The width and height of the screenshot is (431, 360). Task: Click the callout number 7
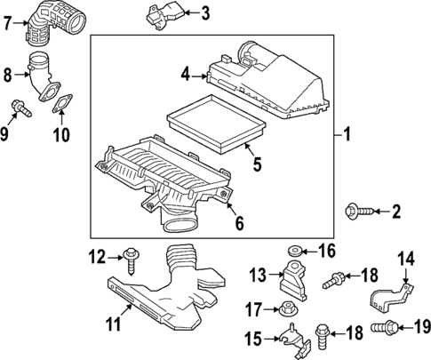pos(8,23)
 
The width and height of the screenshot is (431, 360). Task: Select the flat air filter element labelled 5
pos(217,124)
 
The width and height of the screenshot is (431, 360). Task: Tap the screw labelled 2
pos(360,212)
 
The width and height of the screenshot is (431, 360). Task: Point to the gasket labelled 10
pos(62,104)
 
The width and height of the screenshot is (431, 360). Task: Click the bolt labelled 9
pos(20,108)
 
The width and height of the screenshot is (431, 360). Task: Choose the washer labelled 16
pos(295,252)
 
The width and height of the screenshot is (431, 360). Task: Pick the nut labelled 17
pos(287,309)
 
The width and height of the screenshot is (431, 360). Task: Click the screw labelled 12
pos(131,261)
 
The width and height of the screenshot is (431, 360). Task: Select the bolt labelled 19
pos(384,328)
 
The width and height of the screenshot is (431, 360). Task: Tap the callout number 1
pos(347,133)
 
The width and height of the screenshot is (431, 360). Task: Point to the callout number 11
pos(114,324)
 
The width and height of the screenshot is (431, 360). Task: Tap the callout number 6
pos(239,223)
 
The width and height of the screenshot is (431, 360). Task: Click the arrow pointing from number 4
pos(198,76)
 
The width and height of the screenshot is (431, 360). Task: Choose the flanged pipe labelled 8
pos(44,76)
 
